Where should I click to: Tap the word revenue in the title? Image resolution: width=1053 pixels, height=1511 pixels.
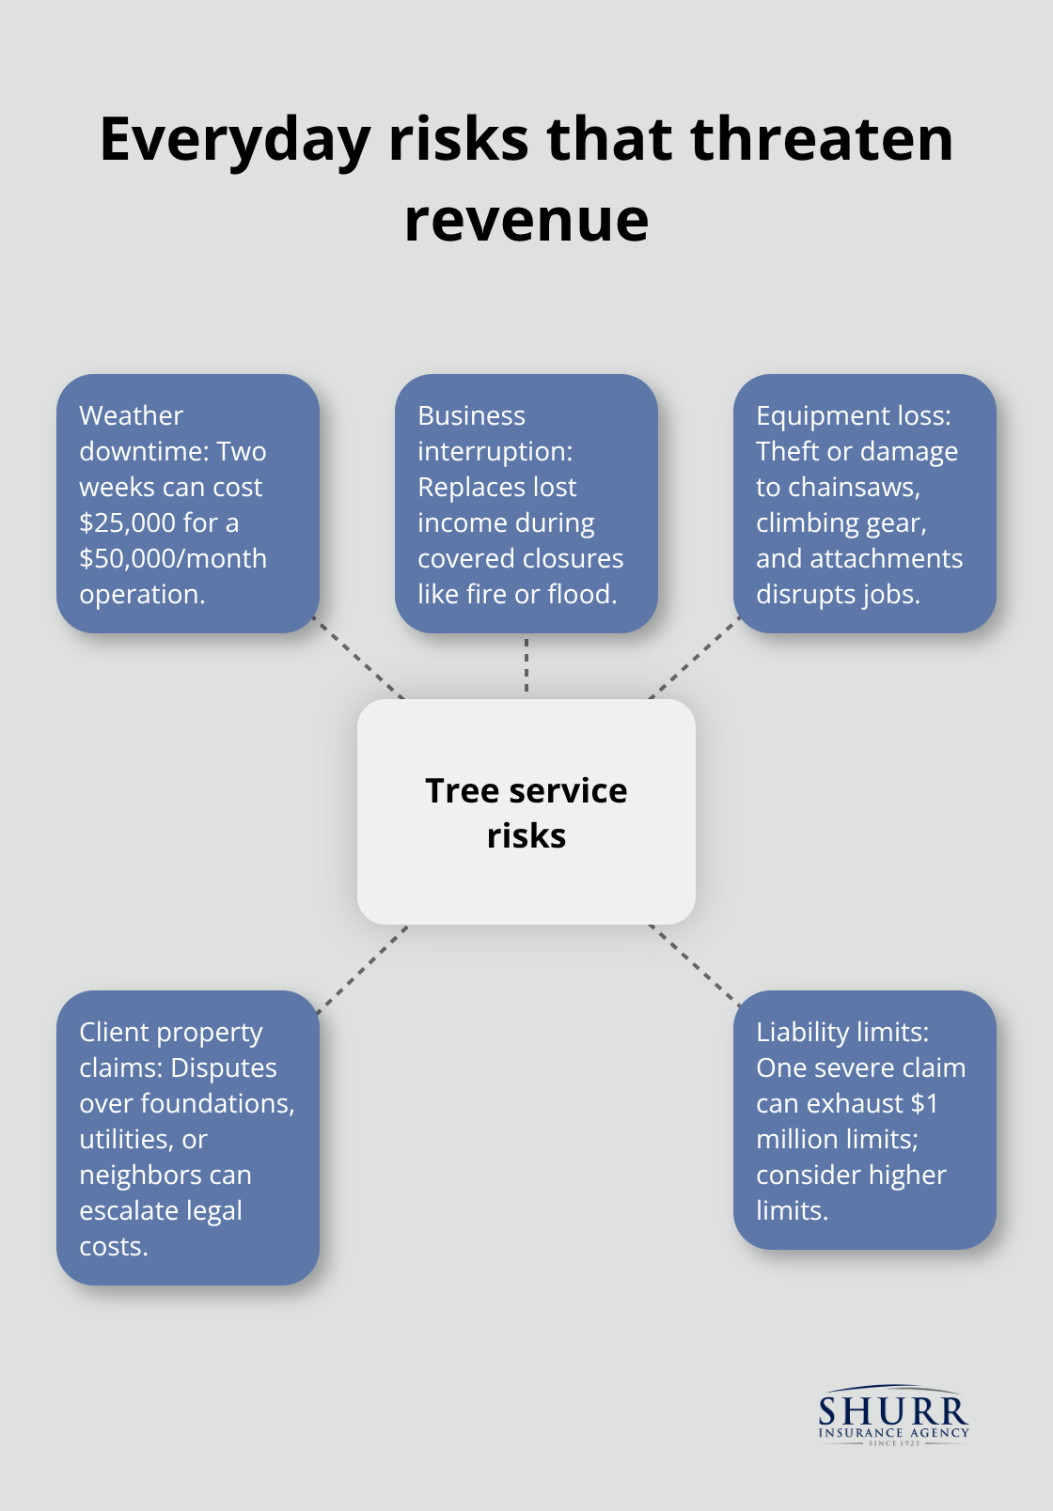(526, 221)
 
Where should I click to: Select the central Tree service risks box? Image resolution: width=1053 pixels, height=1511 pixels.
(526, 812)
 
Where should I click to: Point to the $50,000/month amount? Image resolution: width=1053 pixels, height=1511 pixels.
(173, 558)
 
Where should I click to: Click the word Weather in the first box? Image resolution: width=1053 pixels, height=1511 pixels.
(131, 415)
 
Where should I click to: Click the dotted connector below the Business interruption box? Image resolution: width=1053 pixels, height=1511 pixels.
(526, 665)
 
